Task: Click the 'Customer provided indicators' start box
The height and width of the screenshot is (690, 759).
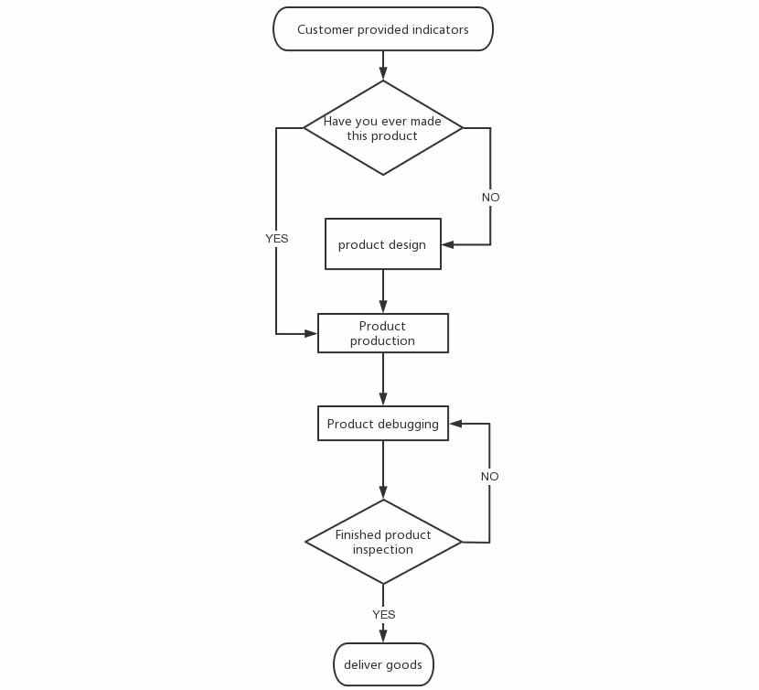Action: [x=383, y=29]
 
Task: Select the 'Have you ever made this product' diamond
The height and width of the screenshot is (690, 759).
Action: [x=383, y=128]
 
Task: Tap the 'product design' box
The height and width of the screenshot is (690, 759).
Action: [x=383, y=243]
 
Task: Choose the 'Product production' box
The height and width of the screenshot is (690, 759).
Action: [x=383, y=333]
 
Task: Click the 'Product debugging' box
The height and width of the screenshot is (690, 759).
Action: [x=383, y=424]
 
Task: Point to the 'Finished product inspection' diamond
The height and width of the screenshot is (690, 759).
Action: [x=383, y=542]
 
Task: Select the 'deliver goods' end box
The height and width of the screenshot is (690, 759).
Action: [x=383, y=664]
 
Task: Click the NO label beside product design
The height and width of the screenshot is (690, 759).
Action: [x=490, y=198]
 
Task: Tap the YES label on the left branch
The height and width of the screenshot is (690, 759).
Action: [x=276, y=239]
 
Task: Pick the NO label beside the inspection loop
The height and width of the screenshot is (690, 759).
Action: [x=489, y=476]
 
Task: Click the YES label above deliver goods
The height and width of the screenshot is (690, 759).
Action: [x=383, y=614]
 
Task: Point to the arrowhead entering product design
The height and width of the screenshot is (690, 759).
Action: [x=448, y=244]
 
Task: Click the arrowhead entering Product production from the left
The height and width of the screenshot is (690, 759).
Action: [x=311, y=334]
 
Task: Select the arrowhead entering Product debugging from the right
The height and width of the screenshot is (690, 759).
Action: [x=455, y=424]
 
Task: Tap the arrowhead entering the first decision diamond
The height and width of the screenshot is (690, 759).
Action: [x=383, y=73]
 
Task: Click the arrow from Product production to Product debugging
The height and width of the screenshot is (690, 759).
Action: [x=383, y=380]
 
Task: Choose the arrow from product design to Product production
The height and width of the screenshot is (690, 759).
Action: [x=383, y=291]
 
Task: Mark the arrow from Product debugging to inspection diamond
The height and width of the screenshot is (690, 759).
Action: [x=383, y=470]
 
